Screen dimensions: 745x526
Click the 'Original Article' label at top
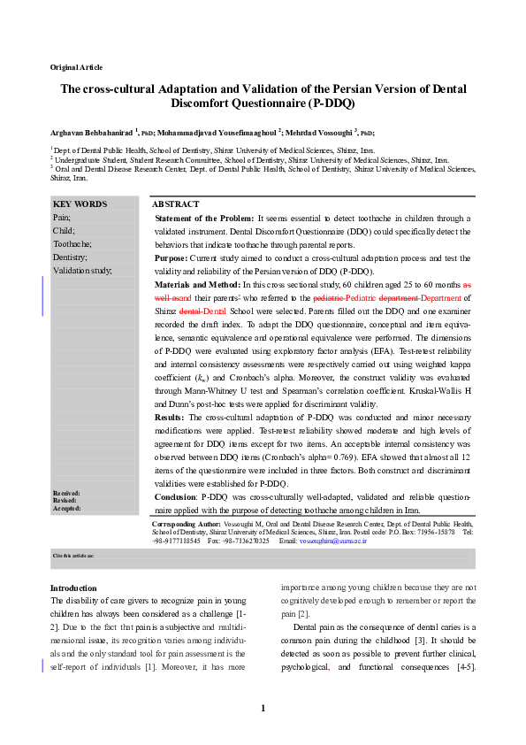pyautogui.click(x=76, y=67)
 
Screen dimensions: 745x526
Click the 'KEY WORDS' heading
pyautogui.click(x=80, y=204)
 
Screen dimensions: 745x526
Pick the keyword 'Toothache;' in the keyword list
pyautogui.click(x=72, y=243)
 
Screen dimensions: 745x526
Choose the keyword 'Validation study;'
pyautogui.click(x=82, y=270)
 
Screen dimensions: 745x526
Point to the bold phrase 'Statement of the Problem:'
pyautogui.click(x=203, y=218)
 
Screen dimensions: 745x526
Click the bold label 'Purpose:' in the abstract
pyautogui.click(x=174, y=257)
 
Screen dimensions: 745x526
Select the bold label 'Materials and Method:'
pyautogui.click(x=197, y=285)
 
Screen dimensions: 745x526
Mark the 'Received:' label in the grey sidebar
pyautogui.click(x=66, y=492)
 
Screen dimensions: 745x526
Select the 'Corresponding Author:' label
pyautogui.click(x=190, y=524)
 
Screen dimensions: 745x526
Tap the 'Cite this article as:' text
pyautogui.click(x=73, y=554)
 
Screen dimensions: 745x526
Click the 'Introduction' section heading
pyautogui.click(x=73, y=588)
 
